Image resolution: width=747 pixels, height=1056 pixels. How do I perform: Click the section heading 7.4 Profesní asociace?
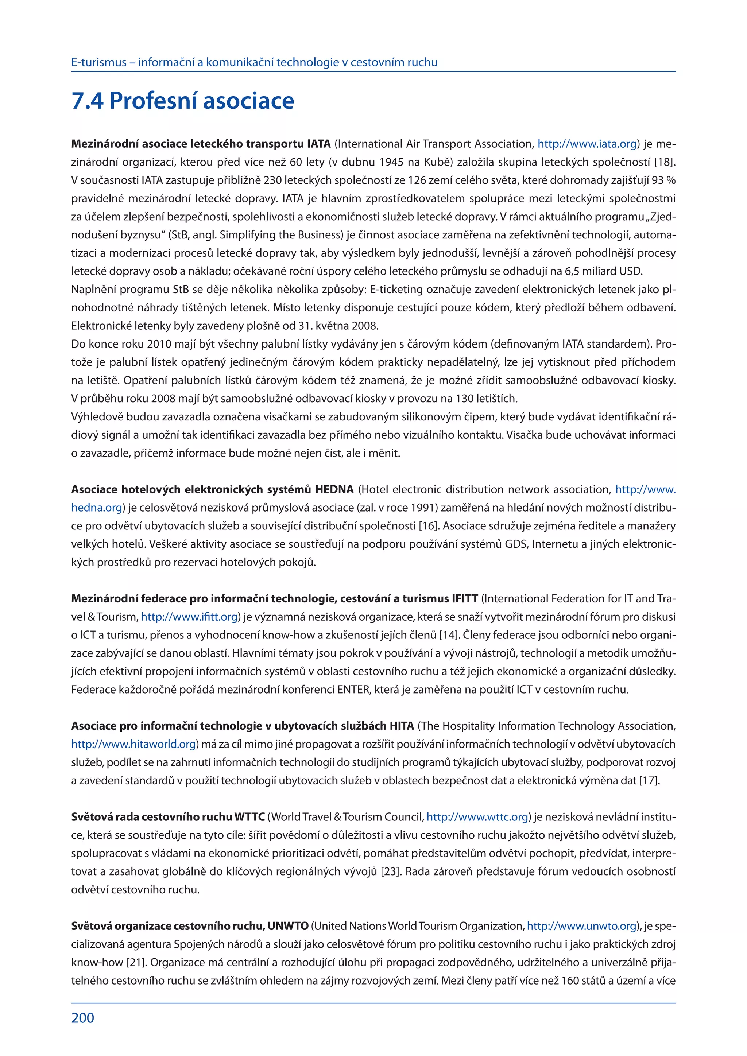[183, 101]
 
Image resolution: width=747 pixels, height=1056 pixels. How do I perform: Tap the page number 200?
[83, 1017]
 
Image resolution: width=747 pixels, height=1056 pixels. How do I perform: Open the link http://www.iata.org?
[587, 144]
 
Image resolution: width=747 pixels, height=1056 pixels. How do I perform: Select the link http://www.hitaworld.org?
[134, 744]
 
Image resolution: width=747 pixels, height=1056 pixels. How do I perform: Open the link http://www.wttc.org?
[477, 817]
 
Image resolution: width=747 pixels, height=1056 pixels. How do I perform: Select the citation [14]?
[449, 635]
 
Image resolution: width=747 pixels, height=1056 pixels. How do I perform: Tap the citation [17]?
[650, 780]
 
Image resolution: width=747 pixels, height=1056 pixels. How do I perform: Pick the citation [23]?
[391, 871]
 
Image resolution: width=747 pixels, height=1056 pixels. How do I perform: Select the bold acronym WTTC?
[250, 817]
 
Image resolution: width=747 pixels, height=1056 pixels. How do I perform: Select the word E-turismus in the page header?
[98, 63]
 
